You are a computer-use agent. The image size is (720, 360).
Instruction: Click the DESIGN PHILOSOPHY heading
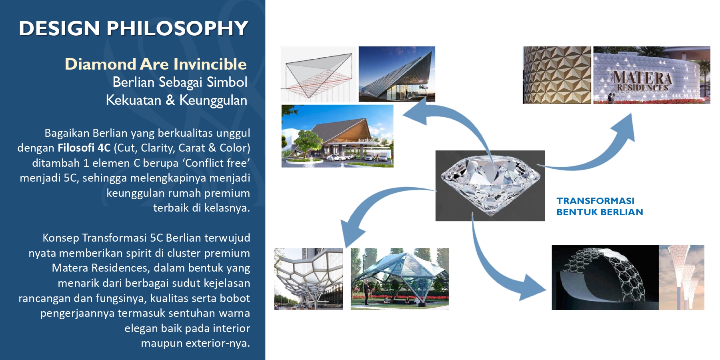click(x=134, y=28)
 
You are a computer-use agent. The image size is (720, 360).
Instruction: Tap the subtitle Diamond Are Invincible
click(x=156, y=64)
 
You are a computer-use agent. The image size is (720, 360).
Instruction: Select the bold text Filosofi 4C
click(x=84, y=148)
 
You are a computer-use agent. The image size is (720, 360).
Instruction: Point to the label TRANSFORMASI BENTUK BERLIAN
click(x=600, y=206)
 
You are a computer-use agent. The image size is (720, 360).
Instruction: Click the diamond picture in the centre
click(x=490, y=186)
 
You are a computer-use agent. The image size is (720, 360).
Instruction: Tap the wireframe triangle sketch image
click(x=318, y=74)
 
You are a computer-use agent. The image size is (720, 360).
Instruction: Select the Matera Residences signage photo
click(x=652, y=75)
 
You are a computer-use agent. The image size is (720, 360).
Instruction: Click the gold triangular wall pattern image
click(x=557, y=75)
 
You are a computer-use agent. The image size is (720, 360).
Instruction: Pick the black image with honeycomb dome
click(x=605, y=277)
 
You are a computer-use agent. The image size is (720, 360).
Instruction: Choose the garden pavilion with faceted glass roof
click(x=400, y=279)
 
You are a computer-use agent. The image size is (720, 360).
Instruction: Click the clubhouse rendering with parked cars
click(x=337, y=136)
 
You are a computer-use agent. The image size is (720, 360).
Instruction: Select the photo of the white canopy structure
click(x=308, y=279)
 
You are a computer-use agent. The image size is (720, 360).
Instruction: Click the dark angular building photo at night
click(x=397, y=74)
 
